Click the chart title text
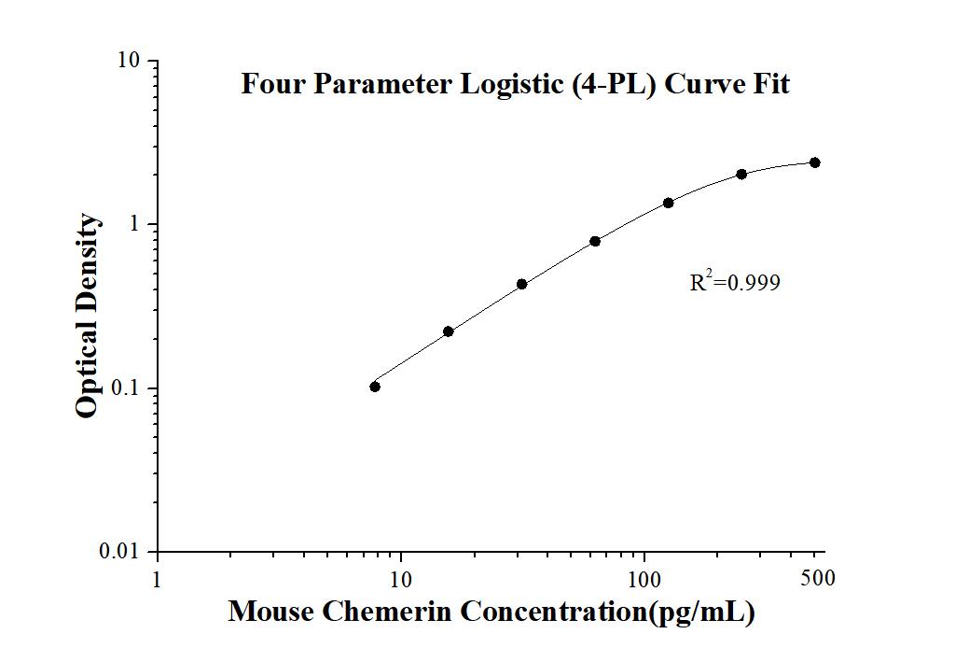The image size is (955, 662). [515, 85]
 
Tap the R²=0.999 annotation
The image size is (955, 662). [734, 282]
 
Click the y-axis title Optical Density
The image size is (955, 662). [87, 316]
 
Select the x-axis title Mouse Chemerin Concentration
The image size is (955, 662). [491, 613]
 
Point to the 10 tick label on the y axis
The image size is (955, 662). [129, 61]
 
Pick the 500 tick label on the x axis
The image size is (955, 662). [818, 578]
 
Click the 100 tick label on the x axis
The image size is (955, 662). [644, 578]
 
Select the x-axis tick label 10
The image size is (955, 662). [401, 578]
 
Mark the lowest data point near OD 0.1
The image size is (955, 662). [375, 387]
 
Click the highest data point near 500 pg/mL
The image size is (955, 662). [815, 162]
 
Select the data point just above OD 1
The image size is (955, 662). [669, 203]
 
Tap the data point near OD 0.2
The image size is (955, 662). [449, 331]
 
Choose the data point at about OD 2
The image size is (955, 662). [741, 174]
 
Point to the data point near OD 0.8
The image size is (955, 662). [595, 241]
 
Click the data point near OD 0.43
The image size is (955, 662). [522, 284]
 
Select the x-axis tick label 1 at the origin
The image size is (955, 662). [157, 578]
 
